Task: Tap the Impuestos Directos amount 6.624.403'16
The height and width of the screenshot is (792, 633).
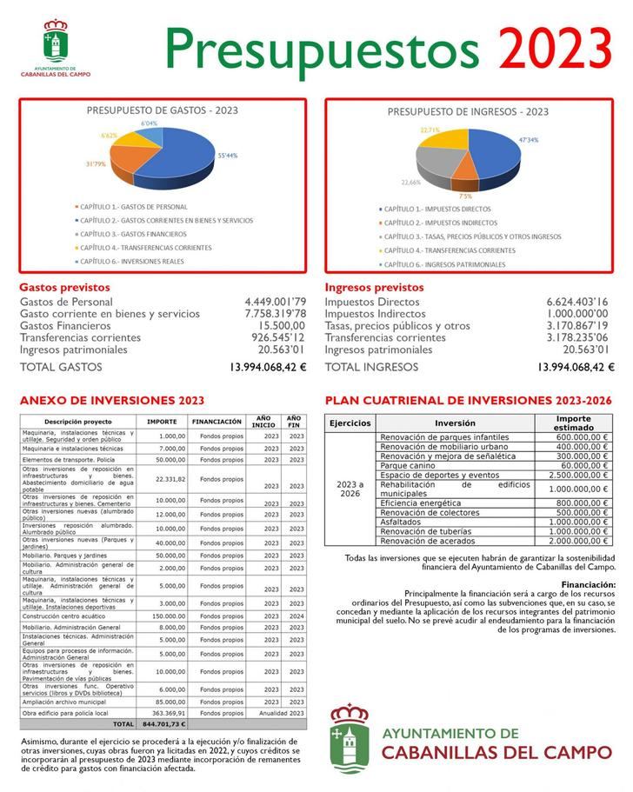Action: (577, 302)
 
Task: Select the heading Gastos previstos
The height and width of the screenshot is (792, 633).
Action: (64, 287)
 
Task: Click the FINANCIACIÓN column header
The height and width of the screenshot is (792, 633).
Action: (217, 422)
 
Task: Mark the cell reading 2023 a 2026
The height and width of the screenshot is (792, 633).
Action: (350, 489)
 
